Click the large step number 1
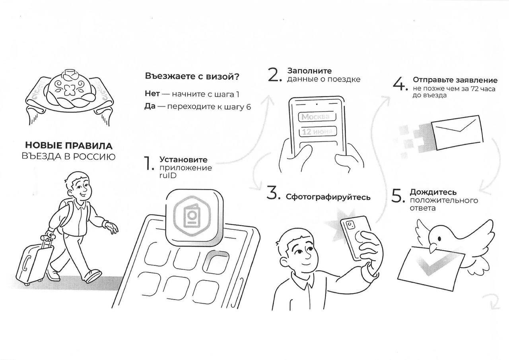(x=148, y=163)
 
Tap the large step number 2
(x=275, y=75)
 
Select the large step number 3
(x=273, y=193)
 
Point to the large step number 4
(x=400, y=84)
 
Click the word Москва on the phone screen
(x=315, y=117)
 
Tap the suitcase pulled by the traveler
(x=34, y=262)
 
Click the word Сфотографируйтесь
(x=328, y=197)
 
